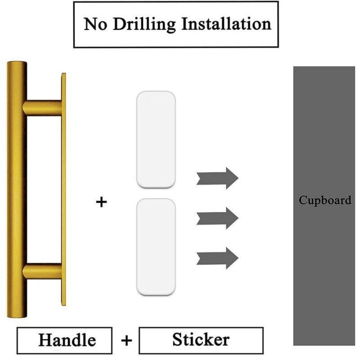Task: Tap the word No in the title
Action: [95, 24]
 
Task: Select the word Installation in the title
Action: [226, 23]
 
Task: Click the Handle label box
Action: [64, 341]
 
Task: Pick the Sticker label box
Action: [201, 341]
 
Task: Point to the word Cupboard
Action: [325, 200]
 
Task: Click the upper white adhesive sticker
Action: [156, 139]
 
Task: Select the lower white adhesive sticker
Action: [156, 247]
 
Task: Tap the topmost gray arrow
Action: [217, 178]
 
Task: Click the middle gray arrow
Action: [217, 218]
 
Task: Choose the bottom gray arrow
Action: [217, 258]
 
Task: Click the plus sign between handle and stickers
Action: [101, 202]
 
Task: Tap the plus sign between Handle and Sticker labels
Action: [126, 340]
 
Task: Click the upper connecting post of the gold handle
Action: [42, 108]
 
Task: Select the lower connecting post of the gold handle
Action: [42, 271]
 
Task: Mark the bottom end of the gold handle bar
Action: [17, 317]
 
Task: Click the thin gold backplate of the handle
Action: [63, 189]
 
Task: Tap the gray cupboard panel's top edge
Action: [324, 67]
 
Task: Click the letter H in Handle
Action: [45, 340]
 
